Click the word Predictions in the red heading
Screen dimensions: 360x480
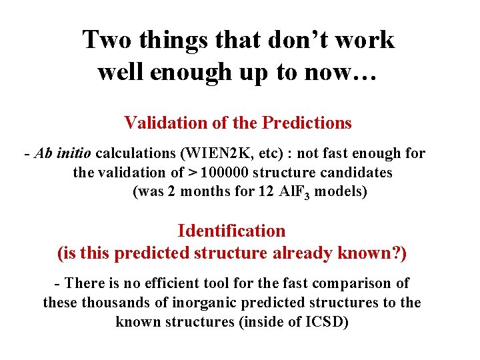click(x=307, y=123)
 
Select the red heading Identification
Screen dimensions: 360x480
click(x=231, y=231)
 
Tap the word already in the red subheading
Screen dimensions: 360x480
click(x=312, y=254)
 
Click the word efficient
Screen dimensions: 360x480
click(x=159, y=283)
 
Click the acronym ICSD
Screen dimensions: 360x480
click(x=327, y=322)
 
